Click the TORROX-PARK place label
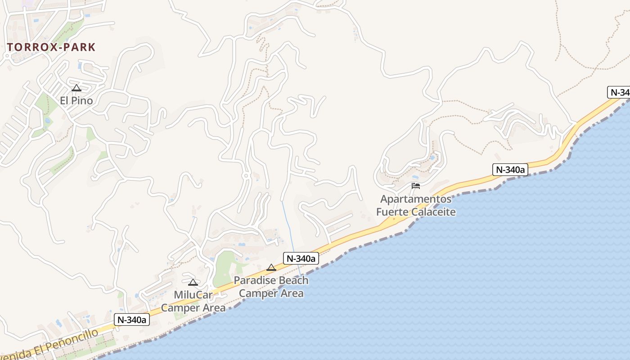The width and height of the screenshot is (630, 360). (x=51, y=47)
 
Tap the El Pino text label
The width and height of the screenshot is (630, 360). (x=76, y=100)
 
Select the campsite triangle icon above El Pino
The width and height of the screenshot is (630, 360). (x=76, y=88)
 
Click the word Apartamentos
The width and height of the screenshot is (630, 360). (x=416, y=199)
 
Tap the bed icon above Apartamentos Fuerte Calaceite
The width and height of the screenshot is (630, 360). (x=416, y=185)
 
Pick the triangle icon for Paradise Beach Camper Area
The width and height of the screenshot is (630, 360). (x=271, y=267)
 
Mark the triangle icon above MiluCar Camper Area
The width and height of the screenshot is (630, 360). (x=193, y=283)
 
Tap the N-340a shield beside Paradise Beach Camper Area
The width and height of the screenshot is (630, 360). (x=301, y=258)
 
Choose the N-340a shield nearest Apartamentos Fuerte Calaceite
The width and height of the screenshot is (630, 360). (x=510, y=170)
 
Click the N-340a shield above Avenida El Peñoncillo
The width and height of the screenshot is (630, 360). (x=131, y=319)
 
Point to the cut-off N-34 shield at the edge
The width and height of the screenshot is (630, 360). (x=619, y=92)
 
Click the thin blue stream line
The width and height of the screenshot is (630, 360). (x=288, y=225)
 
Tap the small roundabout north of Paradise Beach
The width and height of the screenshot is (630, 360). (x=246, y=175)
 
